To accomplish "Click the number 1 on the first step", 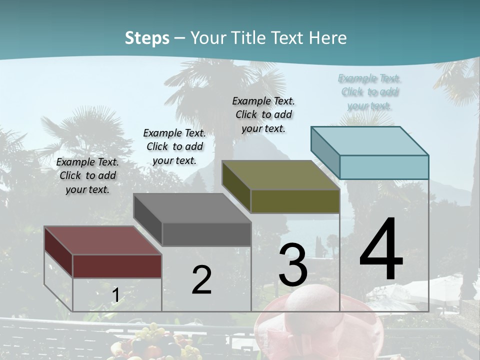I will tap(115, 295).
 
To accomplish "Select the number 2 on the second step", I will tap(201, 280).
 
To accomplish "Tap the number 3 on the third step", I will tap(293, 264).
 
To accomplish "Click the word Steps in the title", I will tap(147, 38).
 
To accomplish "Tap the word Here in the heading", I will tap(328, 38).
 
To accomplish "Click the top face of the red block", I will tap(102, 240).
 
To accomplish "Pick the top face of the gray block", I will tap(192, 208).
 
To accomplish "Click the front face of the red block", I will tap(117, 266).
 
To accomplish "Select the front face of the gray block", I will tap(206, 234).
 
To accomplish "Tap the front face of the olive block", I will tap(295, 201).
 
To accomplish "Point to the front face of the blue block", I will tap(384, 167).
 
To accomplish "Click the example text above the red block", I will tap(87, 176).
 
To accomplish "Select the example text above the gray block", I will tap(174, 146).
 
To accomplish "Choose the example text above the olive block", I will tap(263, 114).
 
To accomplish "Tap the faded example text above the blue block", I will tap(369, 92).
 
